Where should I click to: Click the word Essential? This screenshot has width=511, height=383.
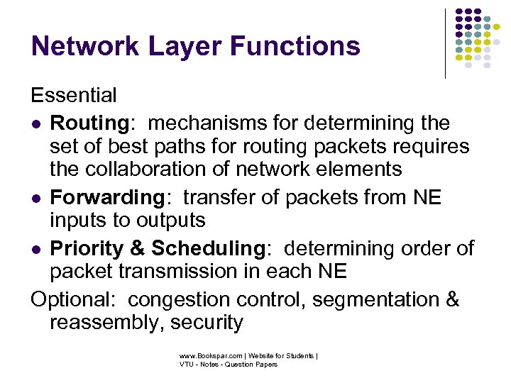coord(74,95)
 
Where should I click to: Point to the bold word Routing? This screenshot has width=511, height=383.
coord(88,123)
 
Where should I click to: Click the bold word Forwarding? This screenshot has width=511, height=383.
coord(106,197)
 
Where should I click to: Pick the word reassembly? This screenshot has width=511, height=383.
coord(102,323)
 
